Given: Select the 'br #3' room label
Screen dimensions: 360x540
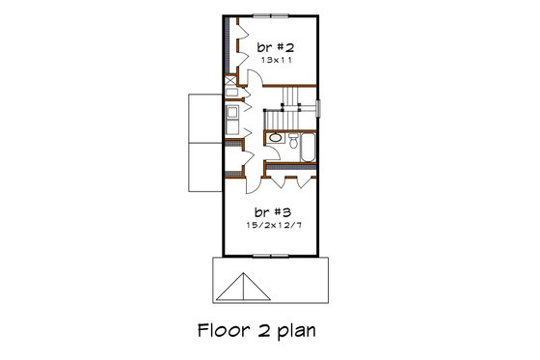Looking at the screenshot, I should click(269, 210).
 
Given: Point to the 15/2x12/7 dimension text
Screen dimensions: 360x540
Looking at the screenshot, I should click(269, 225).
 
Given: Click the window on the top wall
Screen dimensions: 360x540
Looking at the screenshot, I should click(269, 16).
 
